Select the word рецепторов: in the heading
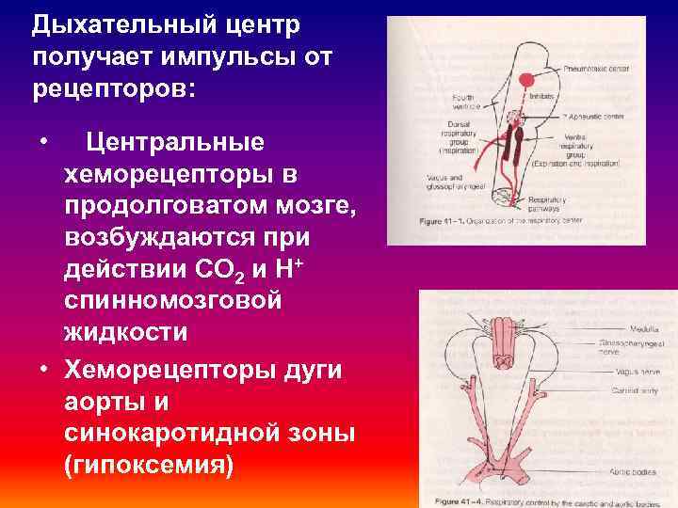click(112, 90)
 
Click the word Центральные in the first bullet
click(175, 144)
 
